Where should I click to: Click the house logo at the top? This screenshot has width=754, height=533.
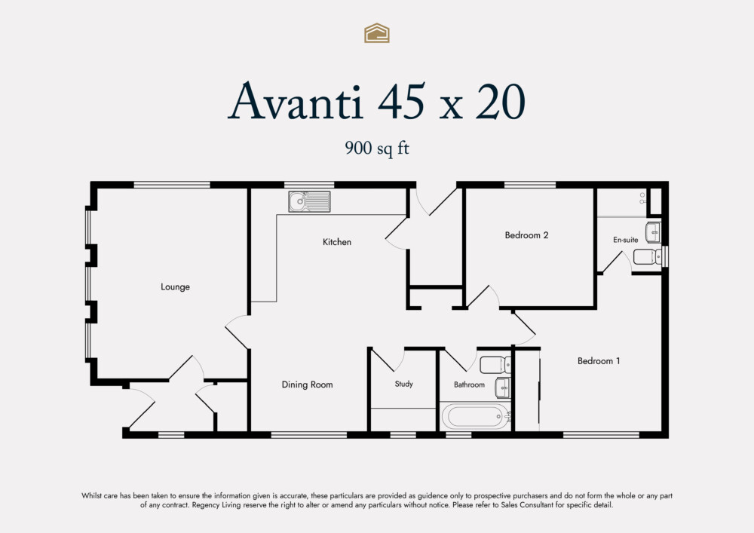[376, 32]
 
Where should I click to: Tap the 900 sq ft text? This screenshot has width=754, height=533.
[376, 149]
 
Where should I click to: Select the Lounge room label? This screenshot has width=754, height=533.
[175, 287]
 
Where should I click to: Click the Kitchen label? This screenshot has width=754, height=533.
[336, 242]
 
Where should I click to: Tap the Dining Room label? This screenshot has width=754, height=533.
[307, 385]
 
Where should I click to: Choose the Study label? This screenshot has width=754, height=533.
[403, 384]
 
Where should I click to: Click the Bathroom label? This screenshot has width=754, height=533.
[469, 385]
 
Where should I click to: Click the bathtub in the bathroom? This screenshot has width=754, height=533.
[475, 416]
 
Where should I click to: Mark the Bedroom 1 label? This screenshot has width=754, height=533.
[599, 361]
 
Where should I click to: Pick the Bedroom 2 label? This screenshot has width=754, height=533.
[526, 235]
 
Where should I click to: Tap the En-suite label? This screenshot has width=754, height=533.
[625, 240]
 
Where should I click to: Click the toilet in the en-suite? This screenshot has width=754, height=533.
[646, 257]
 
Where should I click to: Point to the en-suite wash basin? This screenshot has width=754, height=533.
[653, 229]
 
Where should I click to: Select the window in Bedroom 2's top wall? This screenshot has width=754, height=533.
[529, 185]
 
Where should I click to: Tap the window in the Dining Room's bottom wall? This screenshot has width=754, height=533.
[308, 434]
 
